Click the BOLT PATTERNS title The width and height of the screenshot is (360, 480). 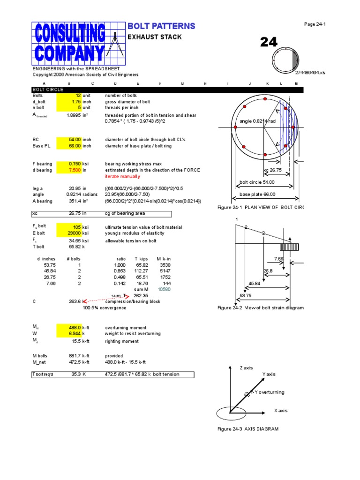click(161, 26)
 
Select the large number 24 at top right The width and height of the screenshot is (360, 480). click(269, 43)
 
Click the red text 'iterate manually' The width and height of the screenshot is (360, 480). click(122, 177)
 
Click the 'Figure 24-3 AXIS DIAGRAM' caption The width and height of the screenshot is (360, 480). click(248, 429)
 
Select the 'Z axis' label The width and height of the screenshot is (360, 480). click(246, 368)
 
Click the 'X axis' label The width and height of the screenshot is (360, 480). click(281, 411)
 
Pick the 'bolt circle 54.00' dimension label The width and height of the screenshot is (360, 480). click(257, 182)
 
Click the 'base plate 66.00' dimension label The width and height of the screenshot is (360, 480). click(257, 195)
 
